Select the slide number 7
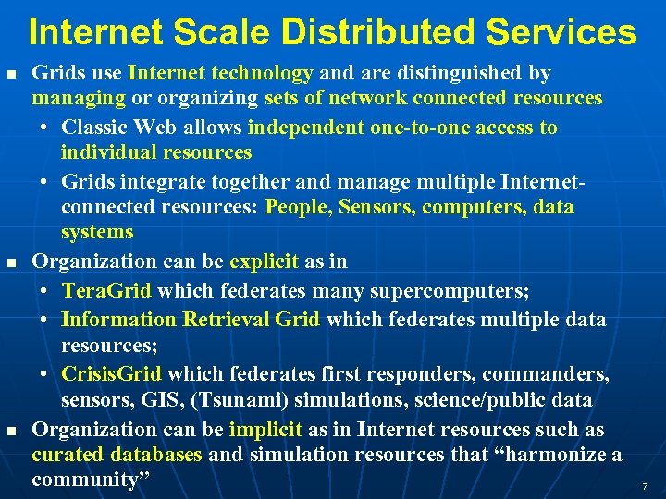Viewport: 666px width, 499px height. pyautogui.click(x=645, y=486)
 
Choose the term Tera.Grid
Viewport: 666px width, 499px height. pyautogui.click(x=106, y=292)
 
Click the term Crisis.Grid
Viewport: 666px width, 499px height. pyautogui.click(x=111, y=374)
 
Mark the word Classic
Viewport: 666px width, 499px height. pyautogui.click(x=96, y=127)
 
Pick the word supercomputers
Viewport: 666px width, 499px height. pyautogui.click(x=450, y=292)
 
